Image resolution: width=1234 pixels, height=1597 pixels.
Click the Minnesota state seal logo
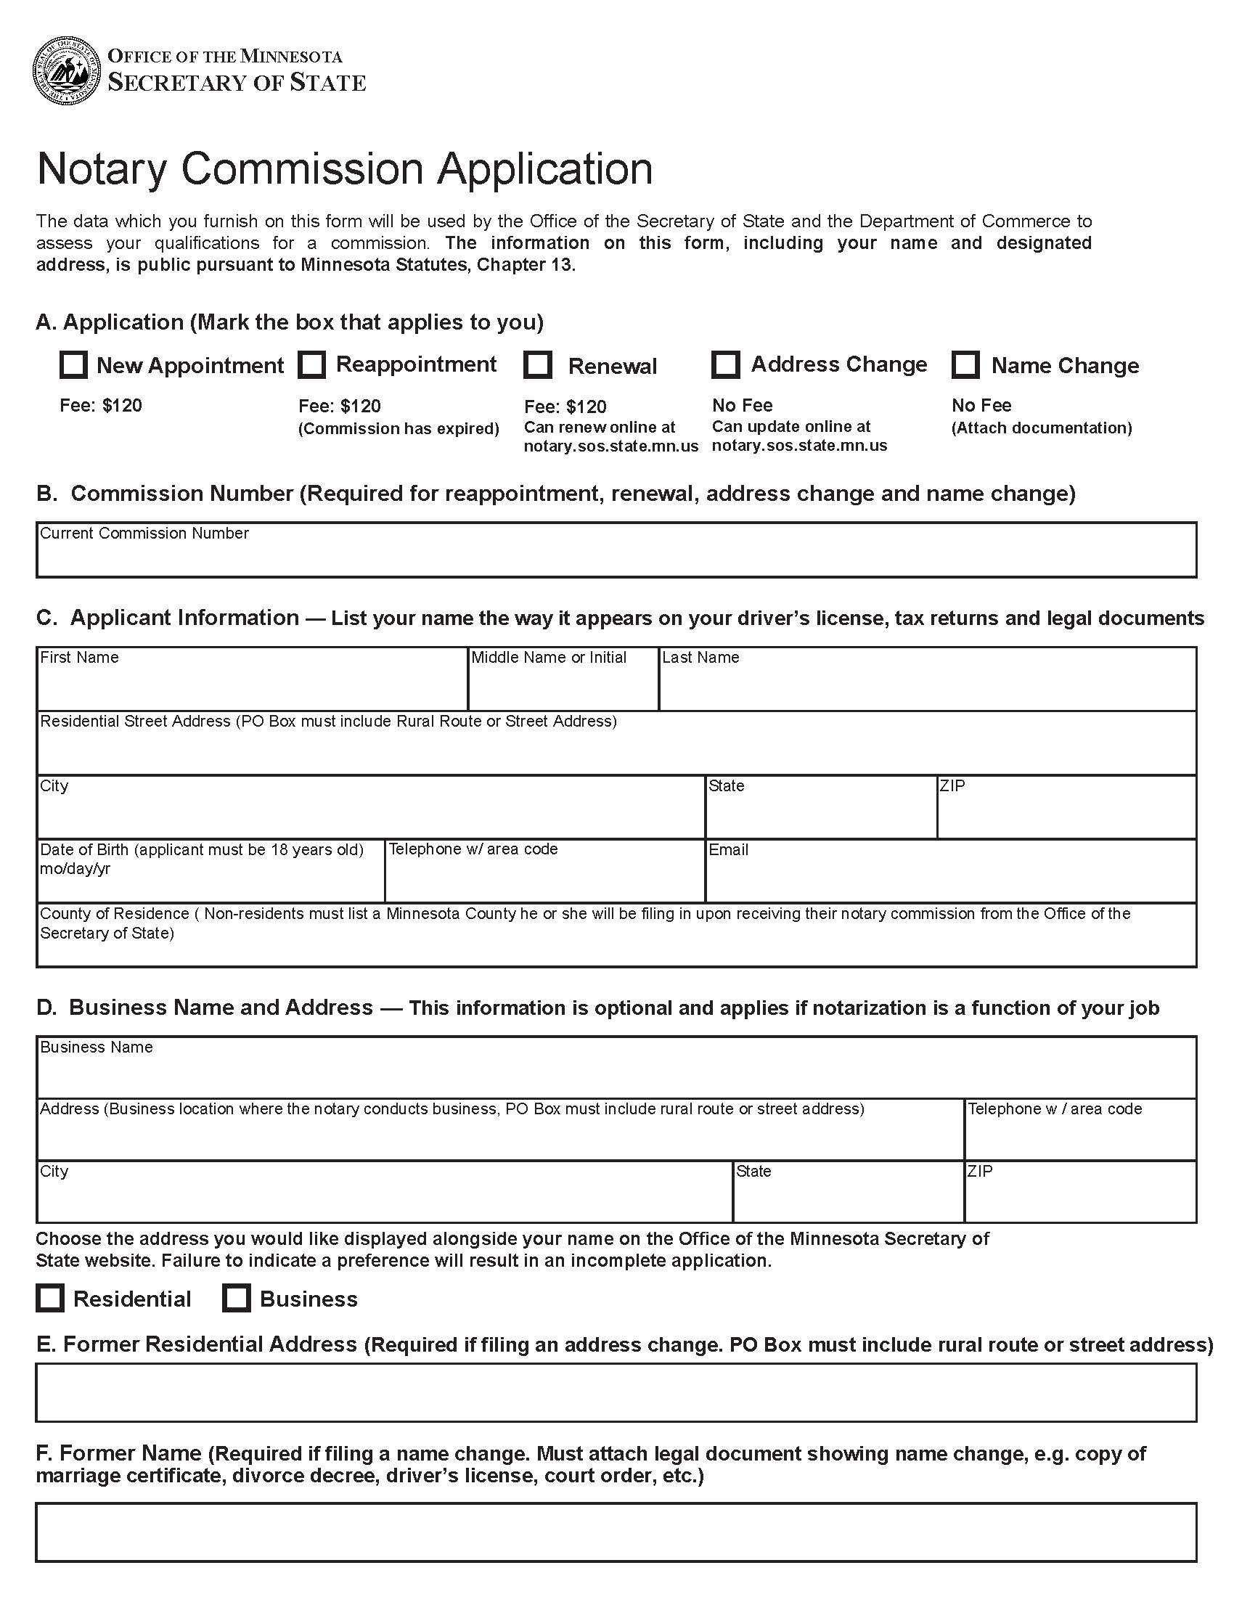[x=66, y=70]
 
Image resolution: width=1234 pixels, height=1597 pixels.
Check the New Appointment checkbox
[x=73, y=364]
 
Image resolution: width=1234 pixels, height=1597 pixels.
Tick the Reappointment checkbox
[x=312, y=364]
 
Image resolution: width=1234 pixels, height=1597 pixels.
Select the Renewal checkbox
[x=538, y=365]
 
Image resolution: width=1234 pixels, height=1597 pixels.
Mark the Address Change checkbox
[x=726, y=364]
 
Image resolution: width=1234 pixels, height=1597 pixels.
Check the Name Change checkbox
[x=965, y=364]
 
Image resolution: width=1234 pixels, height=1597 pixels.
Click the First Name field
[x=251, y=686]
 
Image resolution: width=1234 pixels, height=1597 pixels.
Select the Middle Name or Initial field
[x=563, y=686]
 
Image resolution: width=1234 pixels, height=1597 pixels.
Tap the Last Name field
[x=927, y=686]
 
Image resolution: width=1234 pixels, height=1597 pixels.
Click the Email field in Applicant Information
[x=950, y=878]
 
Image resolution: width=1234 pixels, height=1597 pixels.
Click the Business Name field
[x=616, y=1074]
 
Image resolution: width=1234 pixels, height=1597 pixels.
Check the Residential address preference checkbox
[x=50, y=1298]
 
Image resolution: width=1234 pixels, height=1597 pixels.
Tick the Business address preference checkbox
[x=236, y=1298]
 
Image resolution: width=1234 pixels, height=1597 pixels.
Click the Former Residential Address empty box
[x=616, y=1392]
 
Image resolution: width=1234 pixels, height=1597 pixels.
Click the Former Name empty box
[x=616, y=1532]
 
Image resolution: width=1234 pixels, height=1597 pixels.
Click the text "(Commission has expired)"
[x=399, y=428]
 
